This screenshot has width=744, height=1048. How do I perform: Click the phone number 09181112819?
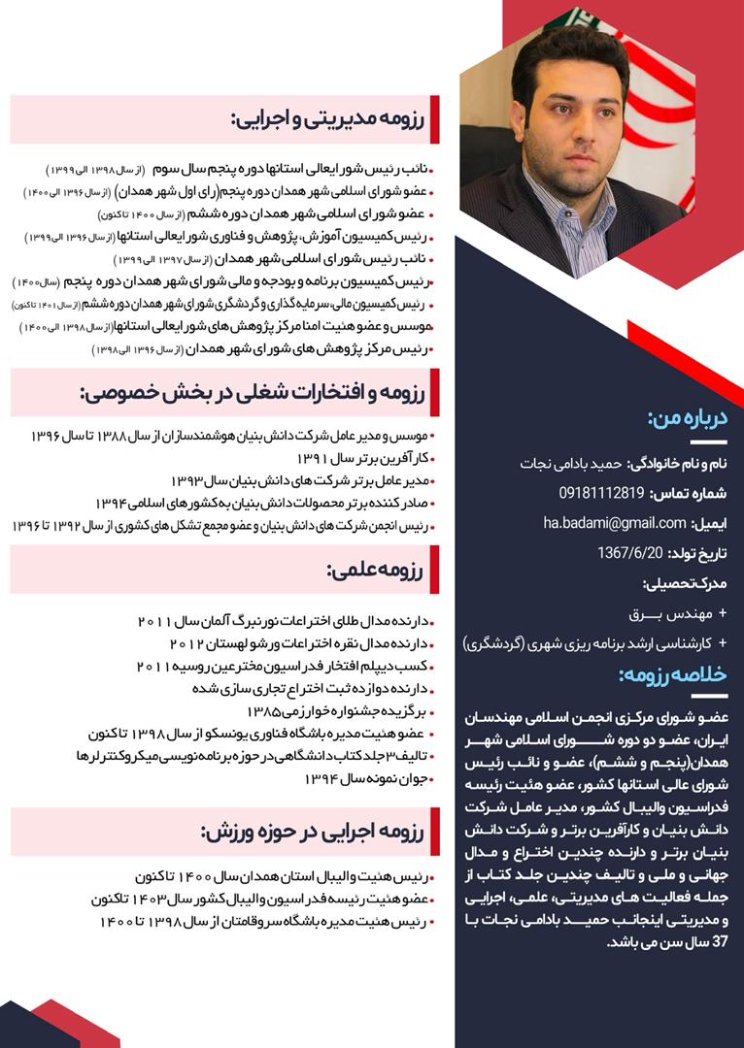pos(601,493)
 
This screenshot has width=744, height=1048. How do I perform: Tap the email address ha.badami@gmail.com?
pos(614,523)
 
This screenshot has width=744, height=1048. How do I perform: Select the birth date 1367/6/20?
pos(628,553)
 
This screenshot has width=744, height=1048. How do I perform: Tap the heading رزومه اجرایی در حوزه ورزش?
pos(313,831)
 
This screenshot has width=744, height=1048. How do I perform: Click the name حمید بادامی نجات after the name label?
pos(575,464)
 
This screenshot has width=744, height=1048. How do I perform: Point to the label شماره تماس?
pos(695,493)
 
